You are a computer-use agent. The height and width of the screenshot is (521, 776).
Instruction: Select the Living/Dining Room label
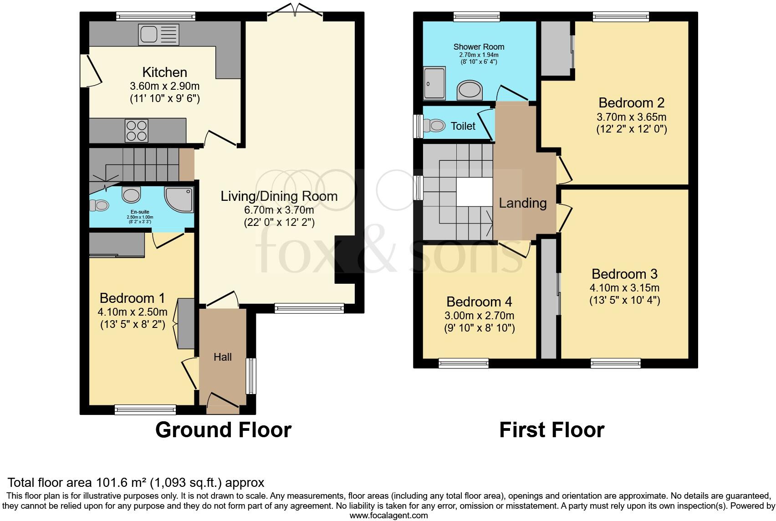(279, 196)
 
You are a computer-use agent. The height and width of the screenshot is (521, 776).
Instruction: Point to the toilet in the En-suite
(99, 206)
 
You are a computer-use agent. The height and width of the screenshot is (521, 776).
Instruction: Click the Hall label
(223, 357)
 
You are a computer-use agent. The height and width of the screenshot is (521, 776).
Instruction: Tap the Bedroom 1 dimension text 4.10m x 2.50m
(132, 312)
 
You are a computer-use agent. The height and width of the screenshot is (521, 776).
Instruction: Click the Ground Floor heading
(223, 430)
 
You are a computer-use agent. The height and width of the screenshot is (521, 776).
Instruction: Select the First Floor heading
(551, 430)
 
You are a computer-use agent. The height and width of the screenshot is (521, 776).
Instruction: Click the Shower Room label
(479, 46)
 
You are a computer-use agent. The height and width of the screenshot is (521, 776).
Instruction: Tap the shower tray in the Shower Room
(435, 83)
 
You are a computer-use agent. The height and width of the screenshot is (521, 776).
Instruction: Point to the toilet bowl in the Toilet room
(435, 125)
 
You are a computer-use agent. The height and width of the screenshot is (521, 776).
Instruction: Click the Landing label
(522, 203)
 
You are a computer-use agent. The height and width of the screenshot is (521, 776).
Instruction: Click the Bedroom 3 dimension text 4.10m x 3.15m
(624, 288)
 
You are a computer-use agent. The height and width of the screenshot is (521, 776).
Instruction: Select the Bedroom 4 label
(479, 301)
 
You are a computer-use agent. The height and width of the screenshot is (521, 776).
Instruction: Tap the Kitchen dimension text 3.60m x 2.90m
(164, 86)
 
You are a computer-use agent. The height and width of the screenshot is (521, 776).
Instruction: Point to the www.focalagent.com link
(388, 516)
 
